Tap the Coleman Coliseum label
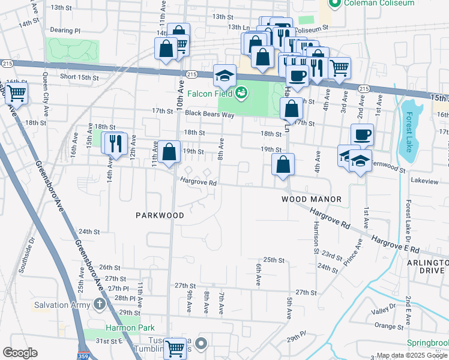pyautogui.click(x=379, y=3)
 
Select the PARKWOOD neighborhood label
pyautogui.click(x=160, y=215)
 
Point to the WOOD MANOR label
pyautogui.click(x=312, y=199)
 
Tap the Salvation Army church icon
pyautogui.click(x=99, y=304)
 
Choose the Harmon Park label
pyautogui.click(x=130, y=328)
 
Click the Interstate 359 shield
pyautogui.click(x=82, y=354)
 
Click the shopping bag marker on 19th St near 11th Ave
pyautogui.click(x=170, y=152)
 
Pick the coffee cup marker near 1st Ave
pyautogui.click(x=362, y=135)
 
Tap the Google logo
pyautogui.click(x=20, y=353)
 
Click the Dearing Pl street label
pyautogui.click(x=65, y=30)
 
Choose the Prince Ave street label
pyautogui.click(x=354, y=253)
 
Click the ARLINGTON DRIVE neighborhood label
pyautogui.click(x=427, y=267)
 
